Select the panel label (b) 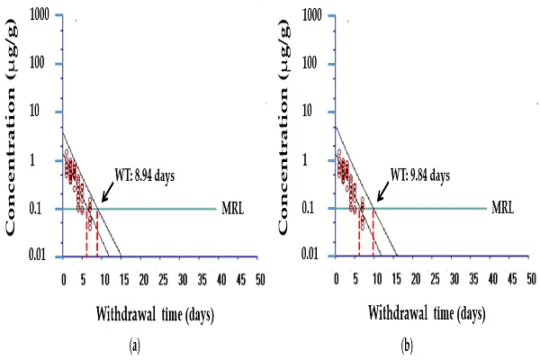point(407,344)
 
